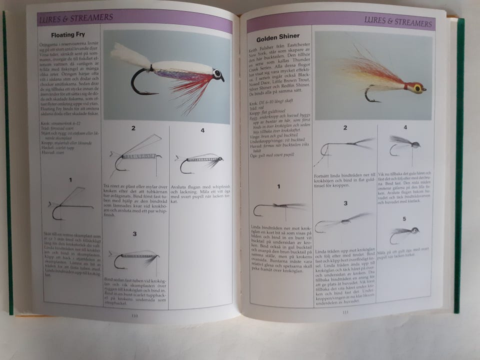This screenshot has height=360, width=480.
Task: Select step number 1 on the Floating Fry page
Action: tap(71, 179)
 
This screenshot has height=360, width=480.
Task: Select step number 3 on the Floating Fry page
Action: tap(134, 233)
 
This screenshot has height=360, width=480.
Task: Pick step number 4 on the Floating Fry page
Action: tap(202, 130)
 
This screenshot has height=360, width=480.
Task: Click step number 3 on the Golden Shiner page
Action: tap(344, 203)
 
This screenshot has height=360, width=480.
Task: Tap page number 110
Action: tap(134, 314)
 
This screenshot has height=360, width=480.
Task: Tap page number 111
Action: tap(345, 313)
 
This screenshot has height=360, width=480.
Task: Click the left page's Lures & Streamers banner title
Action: tap(75, 17)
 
